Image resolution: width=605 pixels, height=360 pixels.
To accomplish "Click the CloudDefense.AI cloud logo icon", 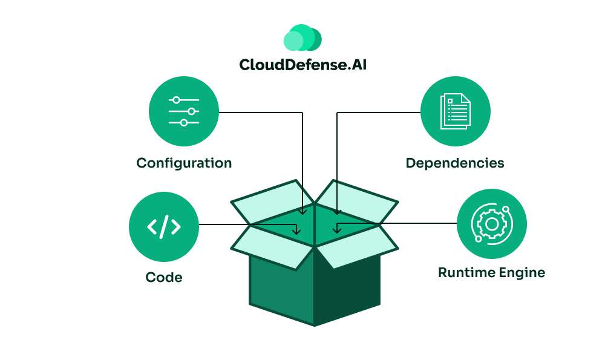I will click(x=302, y=38).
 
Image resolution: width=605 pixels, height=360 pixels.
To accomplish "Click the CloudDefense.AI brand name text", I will click(x=302, y=64).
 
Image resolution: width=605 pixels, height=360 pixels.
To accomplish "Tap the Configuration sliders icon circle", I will click(x=184, y=111).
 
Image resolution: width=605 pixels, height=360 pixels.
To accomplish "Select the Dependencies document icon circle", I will click(x=455, y=111).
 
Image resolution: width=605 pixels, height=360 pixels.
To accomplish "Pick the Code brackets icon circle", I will click(x=163, y=226).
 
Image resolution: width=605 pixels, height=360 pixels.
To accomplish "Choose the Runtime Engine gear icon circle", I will click(x=491, y=224).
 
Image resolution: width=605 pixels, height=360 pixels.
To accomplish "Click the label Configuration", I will click(x=184, y=163).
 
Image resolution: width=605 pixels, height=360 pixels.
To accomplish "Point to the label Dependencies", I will click(x=454, y=163).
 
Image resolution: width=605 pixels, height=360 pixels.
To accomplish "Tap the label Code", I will click(x=163, y=278).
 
